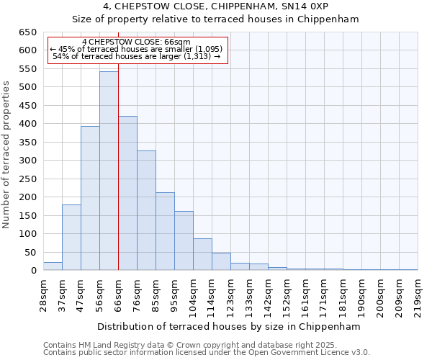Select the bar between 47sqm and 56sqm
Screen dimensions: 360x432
click(90, 199)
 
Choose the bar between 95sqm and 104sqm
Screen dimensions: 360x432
click(184, 240)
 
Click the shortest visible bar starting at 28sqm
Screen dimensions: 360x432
click(53, 266)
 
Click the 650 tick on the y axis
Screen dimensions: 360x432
click(28, 32)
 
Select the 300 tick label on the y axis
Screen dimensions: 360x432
click(28, 161)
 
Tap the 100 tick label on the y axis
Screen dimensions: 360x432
click(28, 234)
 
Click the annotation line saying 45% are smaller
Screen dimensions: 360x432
click(137, 49)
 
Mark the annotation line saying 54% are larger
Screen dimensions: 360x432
click(137, 56)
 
